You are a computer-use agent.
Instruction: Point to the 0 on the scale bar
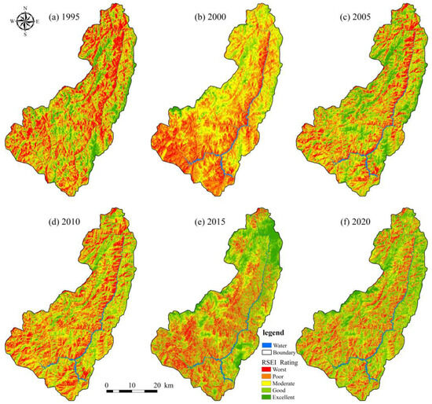pos(108,386)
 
